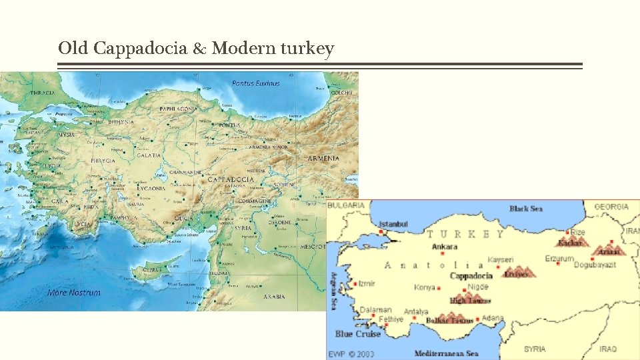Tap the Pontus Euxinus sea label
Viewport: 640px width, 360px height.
[x=255, y=83]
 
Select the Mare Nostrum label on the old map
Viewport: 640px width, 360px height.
[x=74, y=292]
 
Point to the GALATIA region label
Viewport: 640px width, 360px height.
[x=149, y=155]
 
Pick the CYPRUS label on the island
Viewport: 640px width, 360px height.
[x=145, y=270]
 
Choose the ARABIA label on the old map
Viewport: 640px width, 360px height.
[x=273, y=296]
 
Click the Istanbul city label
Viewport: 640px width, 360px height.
[x=393, y=224]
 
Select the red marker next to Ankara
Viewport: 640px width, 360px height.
[x=442, y=253]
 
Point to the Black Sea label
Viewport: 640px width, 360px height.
[x=526, y=209]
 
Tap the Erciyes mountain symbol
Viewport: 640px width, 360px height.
[x=518, y=271]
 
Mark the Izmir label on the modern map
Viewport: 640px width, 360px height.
[x=367, y=283]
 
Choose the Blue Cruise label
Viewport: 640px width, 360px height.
[x=358, y=334]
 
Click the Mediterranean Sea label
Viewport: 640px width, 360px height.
[x=446, y=353]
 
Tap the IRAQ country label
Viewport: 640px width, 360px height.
[x=607, y=349]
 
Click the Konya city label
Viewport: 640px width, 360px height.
[x=424, y=288]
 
